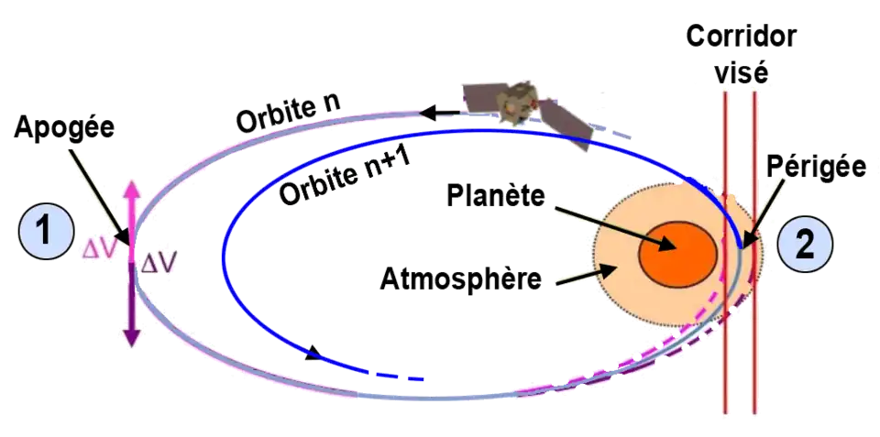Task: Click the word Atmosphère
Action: [463, 278]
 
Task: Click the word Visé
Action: [740, 71]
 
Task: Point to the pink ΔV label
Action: [100, 250]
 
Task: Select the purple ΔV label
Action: [159, 263]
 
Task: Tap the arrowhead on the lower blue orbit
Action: [314, 351]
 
